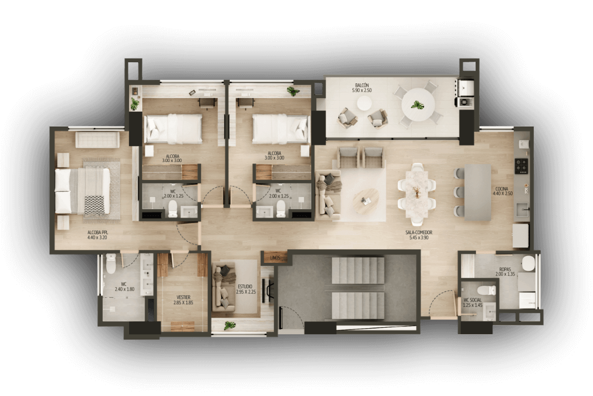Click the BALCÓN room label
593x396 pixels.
click(362, 85)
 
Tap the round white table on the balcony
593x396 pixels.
click(418, 104)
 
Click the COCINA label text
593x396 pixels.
click(502, 189)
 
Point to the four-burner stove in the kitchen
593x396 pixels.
click(522, 166)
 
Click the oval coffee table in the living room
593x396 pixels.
click(366, 201)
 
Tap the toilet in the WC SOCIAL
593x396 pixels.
click(487, 290)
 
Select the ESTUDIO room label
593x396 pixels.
click(245, 286)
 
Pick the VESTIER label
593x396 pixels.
click(184, 297)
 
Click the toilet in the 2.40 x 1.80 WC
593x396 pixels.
click(111, 264)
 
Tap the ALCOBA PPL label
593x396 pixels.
click(97, 232)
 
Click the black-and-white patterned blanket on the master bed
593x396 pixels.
click(94, 205)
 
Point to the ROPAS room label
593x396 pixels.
click(505, 269)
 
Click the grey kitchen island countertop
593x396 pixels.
click(478, 192)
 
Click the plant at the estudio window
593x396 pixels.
click(229, 325)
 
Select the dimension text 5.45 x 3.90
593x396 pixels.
click(419, 238)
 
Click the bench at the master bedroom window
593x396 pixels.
click(98, 139)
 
